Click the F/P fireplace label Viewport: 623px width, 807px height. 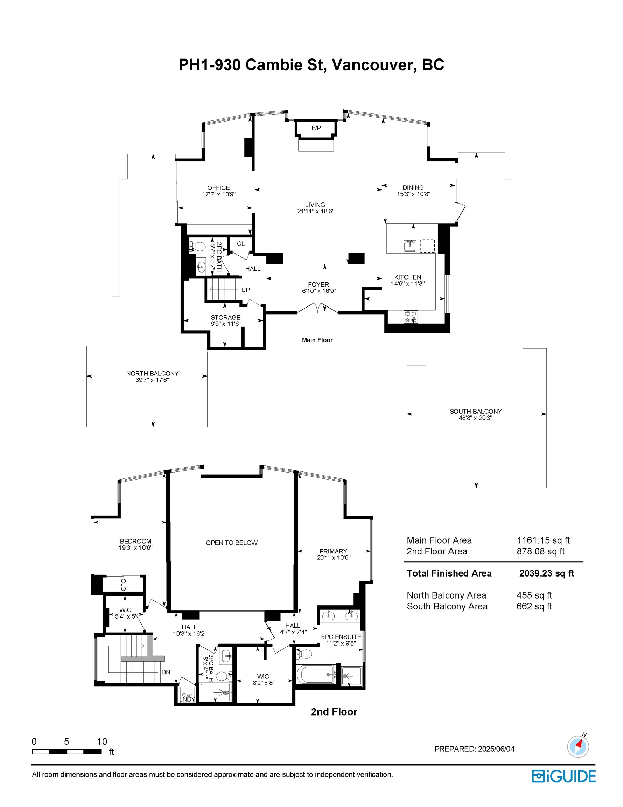pos(316,128)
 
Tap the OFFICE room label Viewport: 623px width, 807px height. pos(219,188)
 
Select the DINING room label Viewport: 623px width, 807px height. pos(413,187)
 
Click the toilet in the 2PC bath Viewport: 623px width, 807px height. pos(197,246)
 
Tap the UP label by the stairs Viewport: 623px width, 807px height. pos(246,290)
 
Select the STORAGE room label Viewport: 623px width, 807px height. pos(226,317)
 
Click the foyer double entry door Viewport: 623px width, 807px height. pos(317,308)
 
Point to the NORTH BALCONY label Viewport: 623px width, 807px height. pos(153,374)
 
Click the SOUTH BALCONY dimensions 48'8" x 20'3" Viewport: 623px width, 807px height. pos(476,418)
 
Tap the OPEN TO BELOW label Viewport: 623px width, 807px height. pos(232,543)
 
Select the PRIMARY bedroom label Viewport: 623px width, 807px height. pos(334,551)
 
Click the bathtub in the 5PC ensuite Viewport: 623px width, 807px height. pos(316,674)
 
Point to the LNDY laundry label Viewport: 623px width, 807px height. pos(187,699)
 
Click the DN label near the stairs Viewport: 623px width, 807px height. pos(166,672)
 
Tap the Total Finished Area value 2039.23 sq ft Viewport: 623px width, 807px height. pos(547,573)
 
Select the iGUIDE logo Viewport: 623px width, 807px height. pos(563,776)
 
